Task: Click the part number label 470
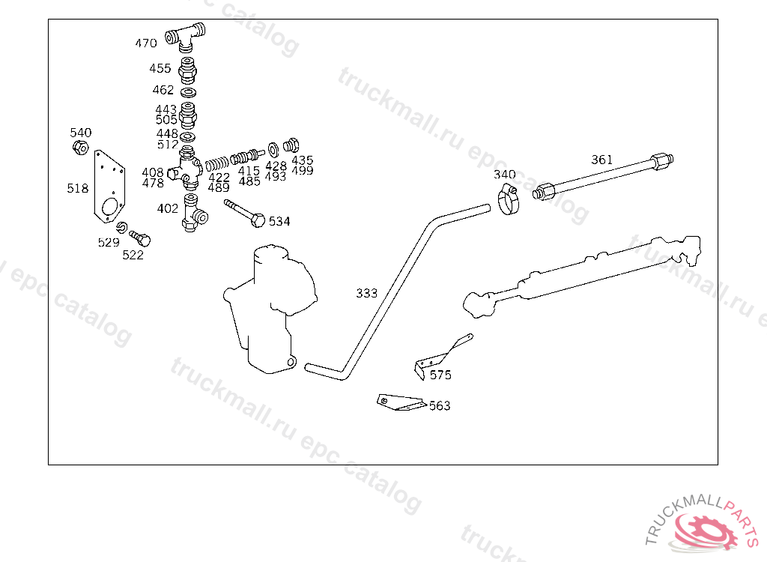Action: [146, 43]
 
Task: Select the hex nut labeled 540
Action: [82, 148]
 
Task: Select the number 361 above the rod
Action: [601, 160]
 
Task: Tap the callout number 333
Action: [367, 293]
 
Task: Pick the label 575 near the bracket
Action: [440, 375]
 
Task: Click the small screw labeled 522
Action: [140, 238]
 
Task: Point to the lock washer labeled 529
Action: [121, 228]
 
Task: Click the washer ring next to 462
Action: [189, 91]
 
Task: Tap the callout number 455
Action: [160, 68]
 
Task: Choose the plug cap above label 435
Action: [292, 143]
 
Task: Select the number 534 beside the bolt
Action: [279, 222]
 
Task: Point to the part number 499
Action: [303, 171]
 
